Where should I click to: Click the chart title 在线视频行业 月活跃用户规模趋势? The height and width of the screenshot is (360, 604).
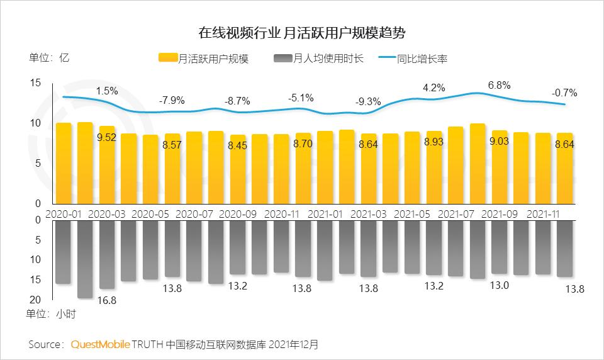[301, 32]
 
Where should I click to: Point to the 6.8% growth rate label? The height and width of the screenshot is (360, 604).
[499, 85]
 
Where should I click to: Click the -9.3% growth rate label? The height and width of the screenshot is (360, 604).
[368, 101]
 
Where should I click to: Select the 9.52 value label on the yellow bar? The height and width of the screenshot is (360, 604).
[106, 138]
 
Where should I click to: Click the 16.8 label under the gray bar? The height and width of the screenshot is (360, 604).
[107, 300]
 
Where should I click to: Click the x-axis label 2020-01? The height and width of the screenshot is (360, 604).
[64, 213]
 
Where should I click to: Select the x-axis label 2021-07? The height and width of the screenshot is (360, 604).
[456, 213]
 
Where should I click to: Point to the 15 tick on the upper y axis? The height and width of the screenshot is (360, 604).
[35, 82]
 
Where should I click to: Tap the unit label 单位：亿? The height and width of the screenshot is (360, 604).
[49, 58]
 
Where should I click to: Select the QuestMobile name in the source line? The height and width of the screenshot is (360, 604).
[101, 344]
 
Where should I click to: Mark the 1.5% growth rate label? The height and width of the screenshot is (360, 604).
[107, 91]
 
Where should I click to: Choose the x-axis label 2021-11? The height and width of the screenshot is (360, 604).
[543, 213]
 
